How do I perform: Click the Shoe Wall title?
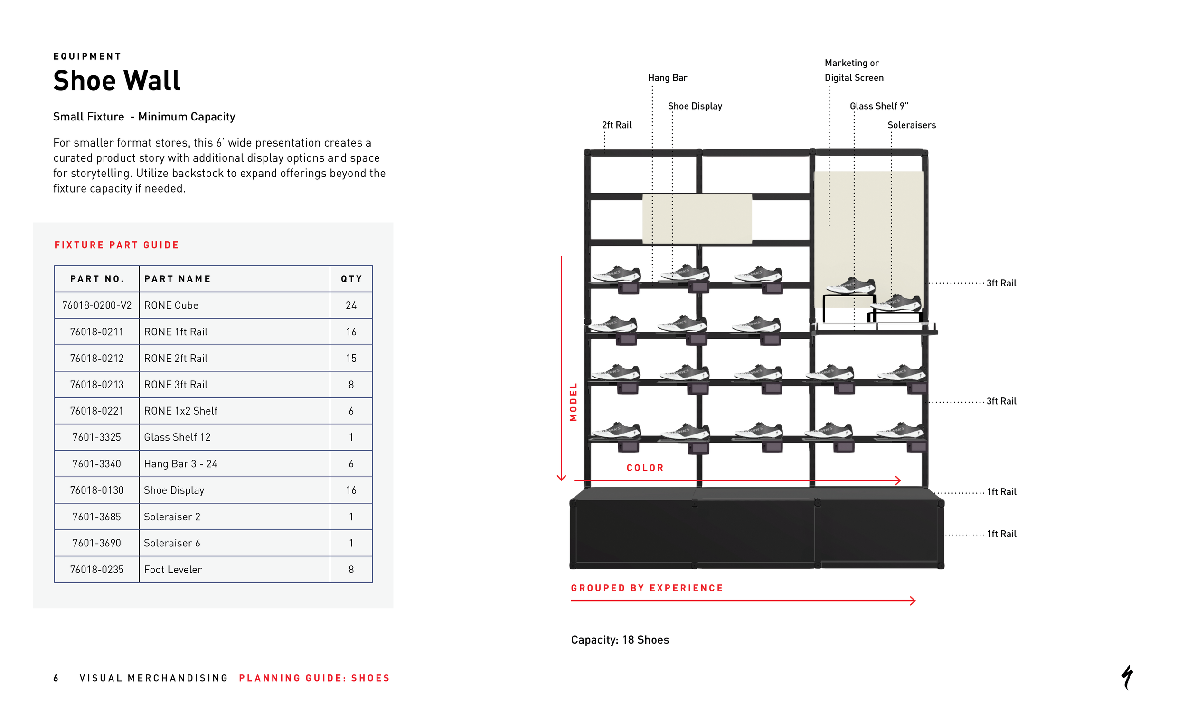point(117,80)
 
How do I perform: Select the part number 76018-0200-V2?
point(97,305)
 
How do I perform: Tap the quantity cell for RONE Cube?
point(351,305)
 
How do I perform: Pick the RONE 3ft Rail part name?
point(176,385)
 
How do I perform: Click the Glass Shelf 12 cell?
point(177,437)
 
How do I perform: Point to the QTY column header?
point(351,279)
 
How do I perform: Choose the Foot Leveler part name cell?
point(173,569)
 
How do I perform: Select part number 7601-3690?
point(97,543)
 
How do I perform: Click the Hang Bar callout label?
point(667,77)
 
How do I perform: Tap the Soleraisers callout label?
point(912,125)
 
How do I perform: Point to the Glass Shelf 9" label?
point(879,106)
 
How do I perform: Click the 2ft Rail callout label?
point(617,125)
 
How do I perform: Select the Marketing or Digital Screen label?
point(854,70)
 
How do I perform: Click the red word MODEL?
point(573,402)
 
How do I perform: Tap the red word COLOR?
point(645,468)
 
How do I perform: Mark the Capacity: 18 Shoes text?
point(620,640)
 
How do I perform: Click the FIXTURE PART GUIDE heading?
point(117,245)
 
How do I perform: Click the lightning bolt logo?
point(1127,677)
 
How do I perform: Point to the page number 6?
point(56,678)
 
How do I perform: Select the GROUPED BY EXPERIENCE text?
point(647,588)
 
